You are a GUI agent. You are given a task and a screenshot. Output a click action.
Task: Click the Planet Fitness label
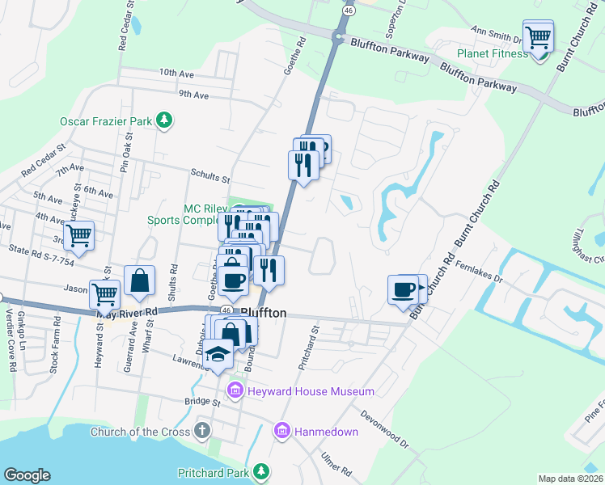(x=492, y=54)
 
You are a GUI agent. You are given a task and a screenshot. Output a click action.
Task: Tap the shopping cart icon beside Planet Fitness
(x=538, y=36)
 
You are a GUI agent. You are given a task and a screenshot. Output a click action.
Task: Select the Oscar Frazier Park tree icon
(x=165, y=121)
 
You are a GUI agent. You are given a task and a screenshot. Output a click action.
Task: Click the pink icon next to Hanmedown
(x=281, y=432)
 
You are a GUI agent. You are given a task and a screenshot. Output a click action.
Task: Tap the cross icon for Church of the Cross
(x=204, y=432)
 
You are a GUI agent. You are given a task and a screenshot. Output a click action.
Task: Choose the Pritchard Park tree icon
(x=261, y=470)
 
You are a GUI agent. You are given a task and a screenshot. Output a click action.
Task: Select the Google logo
(x=27, y=474)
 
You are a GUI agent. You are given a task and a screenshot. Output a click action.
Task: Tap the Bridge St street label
(x=202, y=401)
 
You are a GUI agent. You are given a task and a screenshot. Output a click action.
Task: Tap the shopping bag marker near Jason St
(x=140, y=280)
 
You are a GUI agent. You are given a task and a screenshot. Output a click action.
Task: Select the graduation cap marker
(x=218, y=354)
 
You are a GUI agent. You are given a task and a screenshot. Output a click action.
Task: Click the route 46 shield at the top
(x=347, y=11)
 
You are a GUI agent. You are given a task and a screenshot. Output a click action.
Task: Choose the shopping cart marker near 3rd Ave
(x=78, y=235)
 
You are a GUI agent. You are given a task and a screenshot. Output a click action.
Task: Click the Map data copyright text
(x=570, y=479)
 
